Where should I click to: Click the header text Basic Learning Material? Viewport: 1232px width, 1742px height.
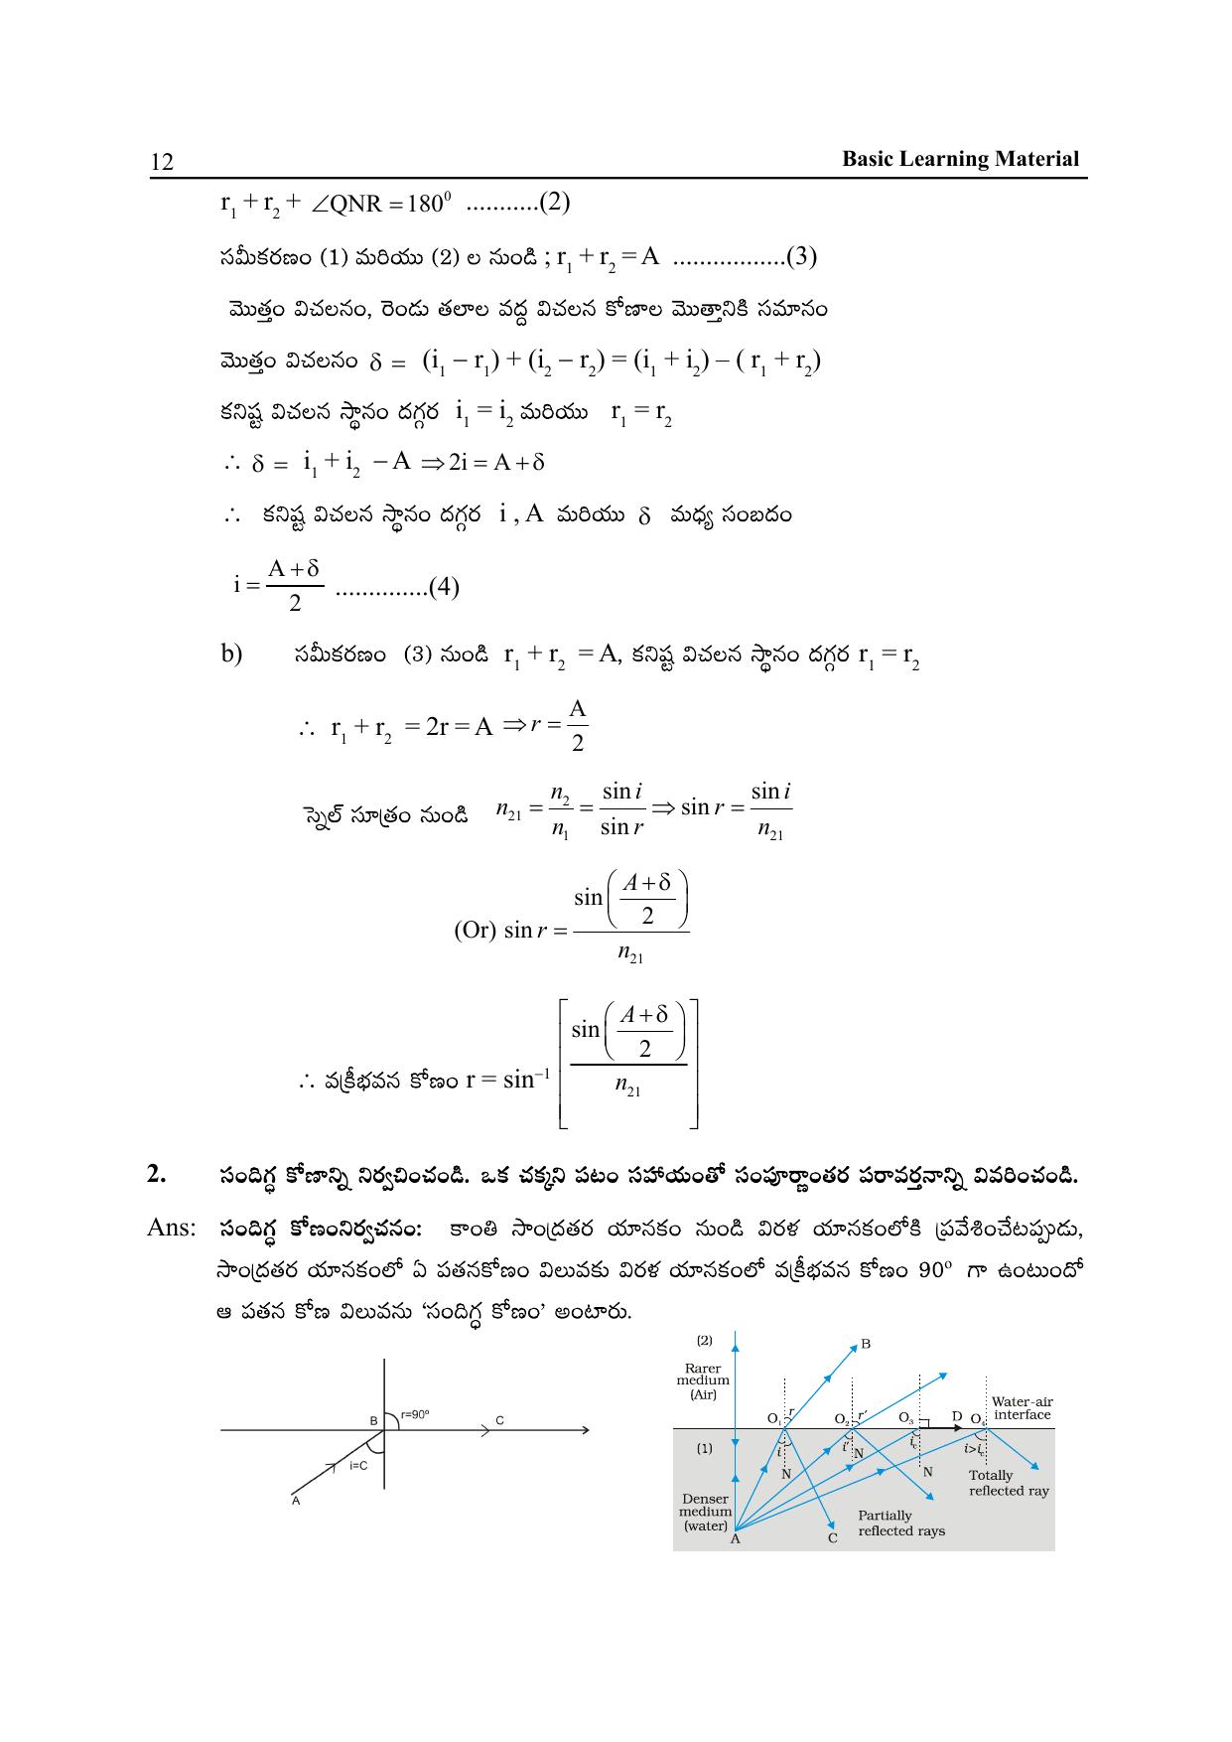[960, 159]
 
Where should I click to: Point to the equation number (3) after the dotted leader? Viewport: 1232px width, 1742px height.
[800, 257]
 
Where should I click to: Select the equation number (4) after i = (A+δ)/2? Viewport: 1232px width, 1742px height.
[441, 587]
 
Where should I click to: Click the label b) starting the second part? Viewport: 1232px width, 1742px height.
[232, 654]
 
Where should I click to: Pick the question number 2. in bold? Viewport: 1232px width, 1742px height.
[157, 1174]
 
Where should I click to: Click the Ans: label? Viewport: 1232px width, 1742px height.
[172, 1228]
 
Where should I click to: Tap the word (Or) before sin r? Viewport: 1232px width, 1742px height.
[475, 931]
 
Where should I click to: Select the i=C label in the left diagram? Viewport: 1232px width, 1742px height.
[358, 1465]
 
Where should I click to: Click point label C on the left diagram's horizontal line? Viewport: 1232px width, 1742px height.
[500, 1420]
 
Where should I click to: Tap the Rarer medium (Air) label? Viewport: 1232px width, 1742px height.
[703, 1380]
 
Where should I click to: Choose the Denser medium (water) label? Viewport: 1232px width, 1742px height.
[705, 1512]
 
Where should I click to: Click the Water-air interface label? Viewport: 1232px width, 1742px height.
[1022, 1408]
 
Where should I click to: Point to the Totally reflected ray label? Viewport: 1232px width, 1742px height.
[1009, 1483]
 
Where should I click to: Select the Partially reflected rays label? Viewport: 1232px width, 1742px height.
[901, 1523]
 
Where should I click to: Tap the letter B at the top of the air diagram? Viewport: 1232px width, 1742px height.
[866, 1344]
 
